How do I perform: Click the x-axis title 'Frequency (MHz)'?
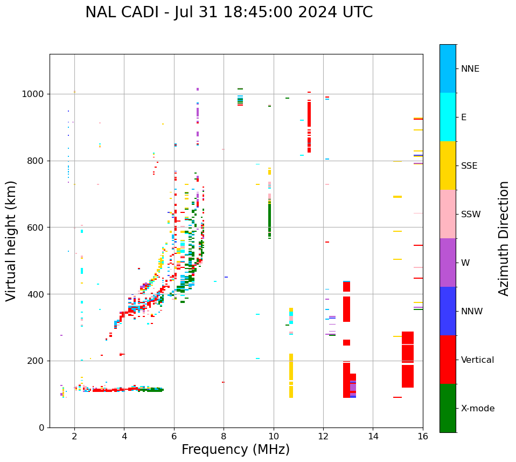[235, 450]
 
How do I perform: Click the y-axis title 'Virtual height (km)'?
[11, 241]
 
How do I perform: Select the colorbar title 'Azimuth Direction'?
[504, 238]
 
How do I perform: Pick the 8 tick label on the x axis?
[224, 436]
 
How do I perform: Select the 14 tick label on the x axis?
[373, 436]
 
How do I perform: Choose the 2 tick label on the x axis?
[74, 436]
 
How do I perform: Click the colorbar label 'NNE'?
[470, 69]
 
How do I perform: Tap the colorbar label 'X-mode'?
[478, 409]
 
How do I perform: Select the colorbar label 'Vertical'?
[477, 360]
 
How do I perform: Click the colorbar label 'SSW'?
[471, 215]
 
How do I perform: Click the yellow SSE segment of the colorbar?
[448, 166]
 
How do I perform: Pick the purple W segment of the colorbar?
[448, 263]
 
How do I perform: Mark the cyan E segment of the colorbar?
[448, 117]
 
